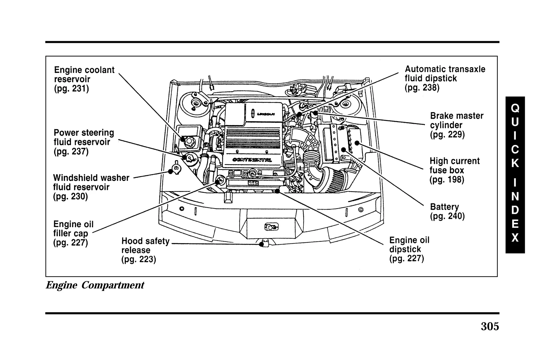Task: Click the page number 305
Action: pyautogui.click(x=490, y=327)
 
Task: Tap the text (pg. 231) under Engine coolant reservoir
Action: pyautogui.click(x=71, y=88)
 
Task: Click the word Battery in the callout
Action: pyautogui.click(x=444, y=207)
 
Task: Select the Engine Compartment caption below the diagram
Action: pyautogui.click(x=95, y=285)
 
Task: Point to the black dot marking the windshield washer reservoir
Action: pyautogui.click(x=170, y=171)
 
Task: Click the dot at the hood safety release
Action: pyautogui.click(x=261, y=244)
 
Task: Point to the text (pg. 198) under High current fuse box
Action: pyautogui.click(x=447, y=179)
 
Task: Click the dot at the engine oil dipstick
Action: pyautogui.click(x=277, y=191)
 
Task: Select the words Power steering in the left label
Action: pyautogui.click(x=84, y=133)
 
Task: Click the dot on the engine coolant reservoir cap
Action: pyautogui.click(x=183, y=139)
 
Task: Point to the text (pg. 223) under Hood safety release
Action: pyautogui.click(x=139, y=259)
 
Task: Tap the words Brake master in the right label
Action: pyautogui.click(x=457, y=116)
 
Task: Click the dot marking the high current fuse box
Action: pyautogui.click(x=357, y=143)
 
